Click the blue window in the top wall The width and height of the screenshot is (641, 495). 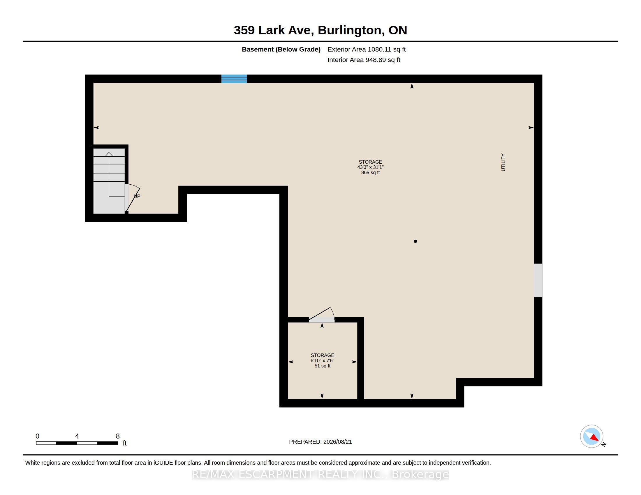(234, 79)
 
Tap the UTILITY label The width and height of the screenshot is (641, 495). (503, 162)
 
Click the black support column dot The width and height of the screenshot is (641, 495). (415, 241)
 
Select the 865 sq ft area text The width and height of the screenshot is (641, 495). (370, 173)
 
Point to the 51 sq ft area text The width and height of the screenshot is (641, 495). (322, 366)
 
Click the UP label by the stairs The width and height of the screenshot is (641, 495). (137, 196)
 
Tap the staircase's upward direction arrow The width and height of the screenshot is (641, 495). (109, 174)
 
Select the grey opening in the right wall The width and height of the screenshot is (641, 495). (538, 280)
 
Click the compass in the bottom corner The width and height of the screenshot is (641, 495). (591, 436)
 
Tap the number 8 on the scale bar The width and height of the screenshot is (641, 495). (118, 436)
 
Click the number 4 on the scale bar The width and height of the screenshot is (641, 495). (77, 436)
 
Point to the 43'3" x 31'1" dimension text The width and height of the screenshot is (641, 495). (370, 167)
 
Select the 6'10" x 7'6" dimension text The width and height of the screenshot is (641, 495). (322, 361)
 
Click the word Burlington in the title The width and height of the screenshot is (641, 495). (351, 31)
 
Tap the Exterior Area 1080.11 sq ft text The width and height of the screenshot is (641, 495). (366, 49)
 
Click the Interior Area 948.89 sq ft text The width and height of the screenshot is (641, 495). (364, 60)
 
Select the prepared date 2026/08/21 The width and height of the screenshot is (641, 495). (337, 442)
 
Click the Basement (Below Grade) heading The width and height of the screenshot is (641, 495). (281, 49)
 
